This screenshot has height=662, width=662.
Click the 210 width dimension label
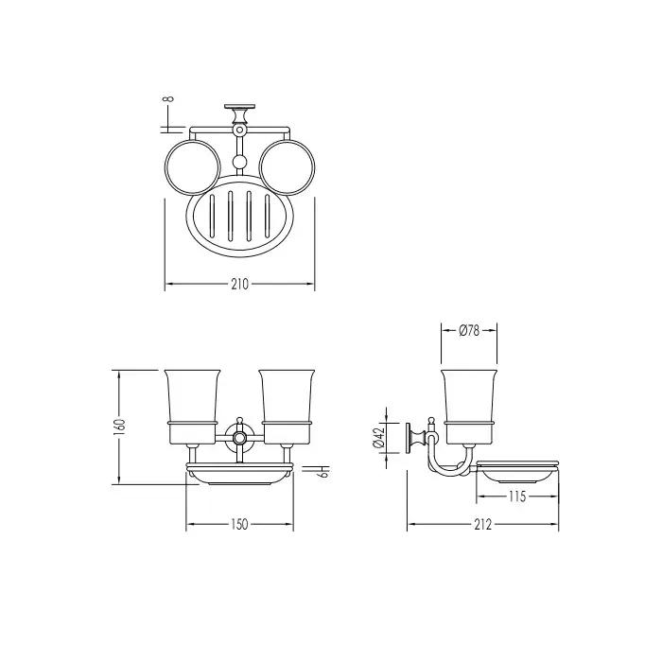click(239, 285)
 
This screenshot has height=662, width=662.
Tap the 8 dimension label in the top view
click(168, 99)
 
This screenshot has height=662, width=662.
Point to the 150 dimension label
click(239, 524)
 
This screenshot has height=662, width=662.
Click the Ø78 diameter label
click(469, 330)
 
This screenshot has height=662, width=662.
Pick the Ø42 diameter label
click(378, 437)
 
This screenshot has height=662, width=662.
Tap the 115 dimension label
click(517, 496)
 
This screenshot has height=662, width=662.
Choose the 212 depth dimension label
click(483, 524)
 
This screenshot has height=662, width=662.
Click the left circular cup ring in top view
click(165, 167)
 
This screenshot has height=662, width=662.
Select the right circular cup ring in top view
click(259, 167)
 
